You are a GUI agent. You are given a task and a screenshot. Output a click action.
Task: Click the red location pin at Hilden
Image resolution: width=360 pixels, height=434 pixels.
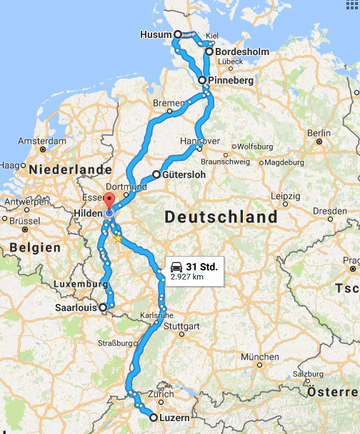[x=109, y=200]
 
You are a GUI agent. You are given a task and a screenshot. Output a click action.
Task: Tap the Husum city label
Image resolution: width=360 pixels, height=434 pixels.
[x=156, y=34]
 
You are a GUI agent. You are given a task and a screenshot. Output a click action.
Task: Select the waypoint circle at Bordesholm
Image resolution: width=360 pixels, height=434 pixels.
[x=209, y=51]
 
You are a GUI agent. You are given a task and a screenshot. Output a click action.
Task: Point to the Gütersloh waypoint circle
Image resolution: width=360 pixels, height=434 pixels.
[x=156, y=174]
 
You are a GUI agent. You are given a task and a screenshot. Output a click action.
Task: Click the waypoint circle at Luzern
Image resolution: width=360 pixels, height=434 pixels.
[x=154, y=417]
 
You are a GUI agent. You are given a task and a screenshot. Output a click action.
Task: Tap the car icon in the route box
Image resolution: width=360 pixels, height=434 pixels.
[x=176, y=267]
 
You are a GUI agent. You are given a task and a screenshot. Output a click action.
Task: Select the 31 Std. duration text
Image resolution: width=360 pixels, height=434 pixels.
[x=201, y=267]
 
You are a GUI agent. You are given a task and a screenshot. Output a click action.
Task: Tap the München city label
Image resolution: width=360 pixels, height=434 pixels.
[x=259, y=356]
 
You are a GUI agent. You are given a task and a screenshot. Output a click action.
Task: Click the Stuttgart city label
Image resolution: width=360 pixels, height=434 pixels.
[x=182, y=327]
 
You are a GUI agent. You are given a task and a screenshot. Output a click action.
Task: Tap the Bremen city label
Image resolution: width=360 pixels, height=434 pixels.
[x=169, y=104]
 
